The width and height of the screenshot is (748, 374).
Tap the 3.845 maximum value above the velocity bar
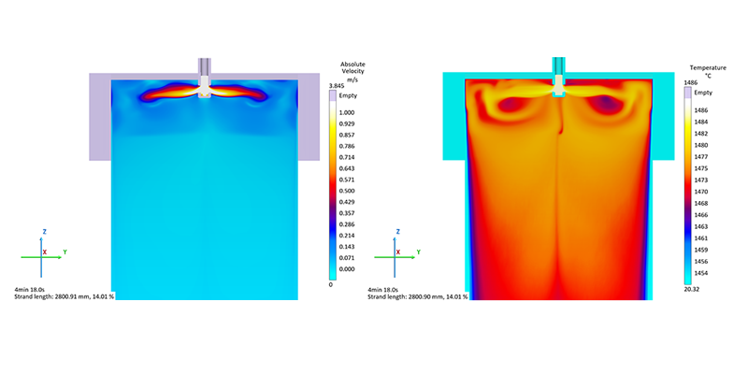tap(336, 86)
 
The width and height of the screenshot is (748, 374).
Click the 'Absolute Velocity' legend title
tap(352, 67)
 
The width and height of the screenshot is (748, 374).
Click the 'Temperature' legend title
tap(708, 67)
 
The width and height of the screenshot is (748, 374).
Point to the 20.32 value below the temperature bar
tap(691, 289)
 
